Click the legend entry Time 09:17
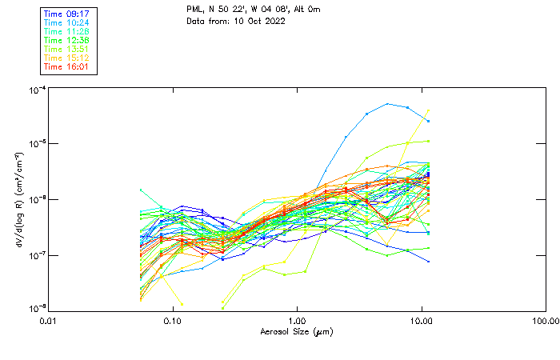point(66,14)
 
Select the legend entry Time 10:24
point(66,22)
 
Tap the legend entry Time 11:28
point(66,31)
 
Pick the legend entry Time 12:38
point(66,40)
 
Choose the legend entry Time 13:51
point(66,49)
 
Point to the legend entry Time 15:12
point(66,58)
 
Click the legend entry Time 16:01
point(66,66)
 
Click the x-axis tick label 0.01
point(49,320)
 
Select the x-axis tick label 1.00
point(298,320)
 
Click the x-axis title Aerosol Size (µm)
point(297,331)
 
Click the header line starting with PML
point(242,10)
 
